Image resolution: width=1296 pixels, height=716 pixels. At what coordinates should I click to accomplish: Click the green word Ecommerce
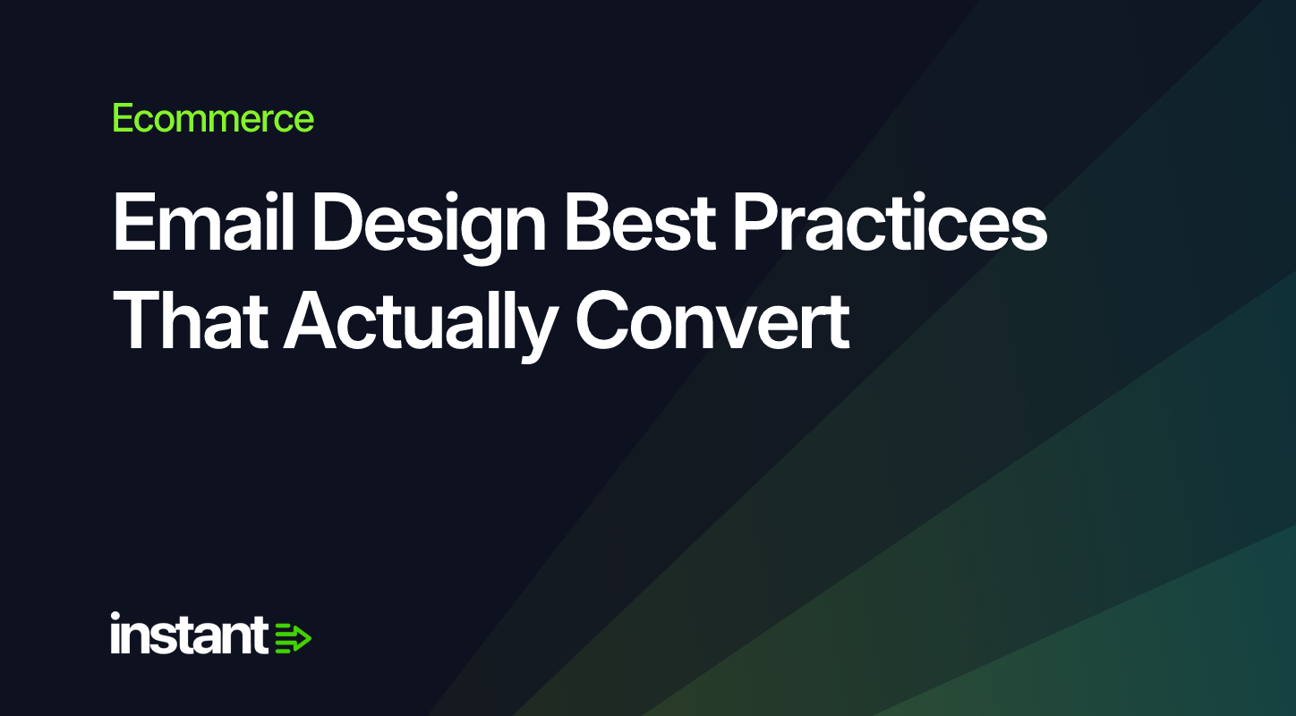pyautogui.click(x=213, y=118)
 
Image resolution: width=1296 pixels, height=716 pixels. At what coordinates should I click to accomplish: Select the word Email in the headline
pyautogui.click(x=204, y=222)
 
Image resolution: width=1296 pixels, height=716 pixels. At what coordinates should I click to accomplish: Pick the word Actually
pyautogui.click(x=421, y=326)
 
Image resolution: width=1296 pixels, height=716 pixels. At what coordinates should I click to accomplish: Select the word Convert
pyautogui.click(x=712, y=320)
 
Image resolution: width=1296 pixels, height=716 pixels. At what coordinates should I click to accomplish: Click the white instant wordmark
pyautogui.click(x=189, y=633)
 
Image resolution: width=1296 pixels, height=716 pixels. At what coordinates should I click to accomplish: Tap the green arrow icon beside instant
pyautogui.click(x=293, y=638)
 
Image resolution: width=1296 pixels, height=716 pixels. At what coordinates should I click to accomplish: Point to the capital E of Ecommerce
pyautogui.click(x=124, y=118)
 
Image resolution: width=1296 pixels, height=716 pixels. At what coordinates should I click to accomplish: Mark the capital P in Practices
pyautogui.click(x=757, y=222)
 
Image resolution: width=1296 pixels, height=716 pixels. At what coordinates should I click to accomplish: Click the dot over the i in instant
pyautogui.click(x=115, y=617)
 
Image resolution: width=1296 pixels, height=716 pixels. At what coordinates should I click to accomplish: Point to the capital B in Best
pyautogui.click(x=591, y=222)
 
